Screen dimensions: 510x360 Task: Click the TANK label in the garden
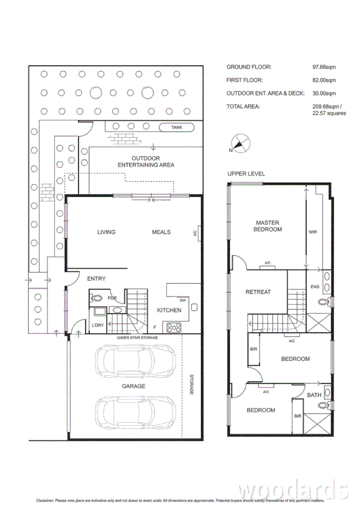[176, 127]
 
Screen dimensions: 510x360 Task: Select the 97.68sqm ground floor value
[324, 67]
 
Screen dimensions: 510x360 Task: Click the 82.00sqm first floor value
[324, 80]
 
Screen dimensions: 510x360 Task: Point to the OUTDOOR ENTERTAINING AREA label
[145, 161]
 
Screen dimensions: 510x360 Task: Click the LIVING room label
[106, 232]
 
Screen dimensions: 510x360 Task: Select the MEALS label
[160, 232]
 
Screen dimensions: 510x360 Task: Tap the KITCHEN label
[169, 310]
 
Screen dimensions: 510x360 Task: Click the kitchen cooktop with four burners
[174, 327]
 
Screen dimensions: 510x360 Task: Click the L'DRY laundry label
[97, 325]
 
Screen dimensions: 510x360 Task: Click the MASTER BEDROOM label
[267, 226]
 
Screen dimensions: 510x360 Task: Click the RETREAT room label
[258, 292]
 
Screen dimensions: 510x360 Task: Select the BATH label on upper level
[314, 395]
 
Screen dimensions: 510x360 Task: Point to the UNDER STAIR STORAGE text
[137, 338]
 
